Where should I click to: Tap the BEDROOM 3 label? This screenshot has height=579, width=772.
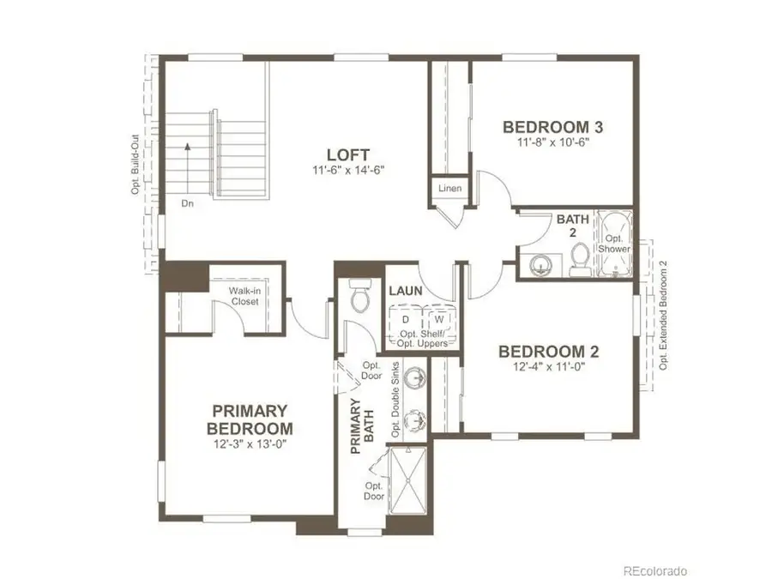(x=552, y=127)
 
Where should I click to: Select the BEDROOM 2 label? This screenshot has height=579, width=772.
(x=548, y=351)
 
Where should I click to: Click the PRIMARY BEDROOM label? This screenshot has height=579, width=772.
(x=250, y=419)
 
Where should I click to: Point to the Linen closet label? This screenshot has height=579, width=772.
(x=449, y=188)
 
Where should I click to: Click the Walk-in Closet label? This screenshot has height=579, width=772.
(x=245, y=296)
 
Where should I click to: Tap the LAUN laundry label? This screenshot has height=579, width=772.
(x=406, y=291)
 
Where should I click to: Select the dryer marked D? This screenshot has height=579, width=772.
(x=406, y=319)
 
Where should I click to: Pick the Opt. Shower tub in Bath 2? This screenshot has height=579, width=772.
(x=613, y=243)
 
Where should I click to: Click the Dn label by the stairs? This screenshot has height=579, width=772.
(x=187, y=204)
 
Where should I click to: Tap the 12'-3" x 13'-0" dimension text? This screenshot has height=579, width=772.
(x=250, y=443)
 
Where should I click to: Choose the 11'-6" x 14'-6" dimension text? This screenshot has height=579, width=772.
(x=353, y=170)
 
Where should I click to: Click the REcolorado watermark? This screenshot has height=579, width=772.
(x=654, y=570)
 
